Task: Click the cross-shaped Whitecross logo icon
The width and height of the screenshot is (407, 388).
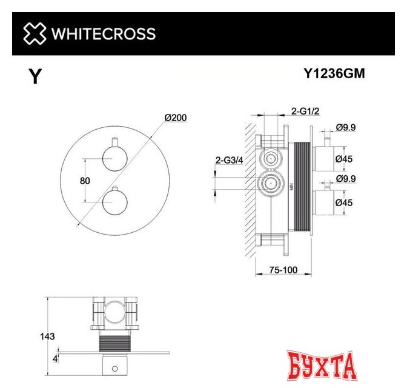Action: pyautogui.click(x=35, y=33)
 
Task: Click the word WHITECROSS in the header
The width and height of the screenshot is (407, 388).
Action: pyautogui.click(x=103, y=33)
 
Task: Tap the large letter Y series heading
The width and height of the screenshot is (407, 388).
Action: pyautogui.click(x=35, y=77)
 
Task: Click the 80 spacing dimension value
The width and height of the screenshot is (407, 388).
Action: pyautogui.click(x=85, y=181)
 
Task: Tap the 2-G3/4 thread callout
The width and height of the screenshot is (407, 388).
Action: pyautogui.click(x=230, y=160)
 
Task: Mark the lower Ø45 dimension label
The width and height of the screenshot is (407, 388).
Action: pyautogui.click(x=345, y=203)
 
